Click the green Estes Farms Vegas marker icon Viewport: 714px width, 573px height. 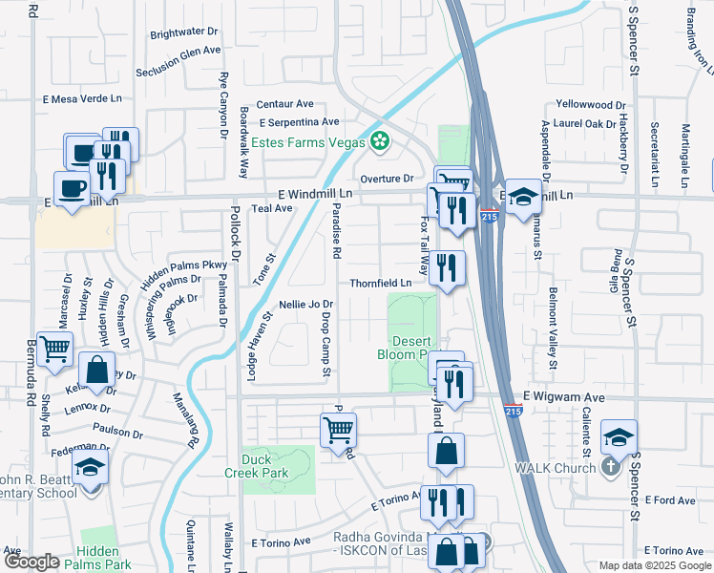click(380, 142)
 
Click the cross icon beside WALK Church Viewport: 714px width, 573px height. click(610, 466)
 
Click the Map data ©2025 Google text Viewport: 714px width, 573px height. click(654, 565)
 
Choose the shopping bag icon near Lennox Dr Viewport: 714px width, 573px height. click(96, 370)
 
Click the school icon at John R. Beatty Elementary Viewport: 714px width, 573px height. click(90, 469)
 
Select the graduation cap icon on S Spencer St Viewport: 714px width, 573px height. click(619, 437)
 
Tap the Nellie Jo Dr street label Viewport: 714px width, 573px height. click(304, 305)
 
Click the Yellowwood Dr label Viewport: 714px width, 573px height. click(591, 105)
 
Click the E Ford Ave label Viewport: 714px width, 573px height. click(671, 499)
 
